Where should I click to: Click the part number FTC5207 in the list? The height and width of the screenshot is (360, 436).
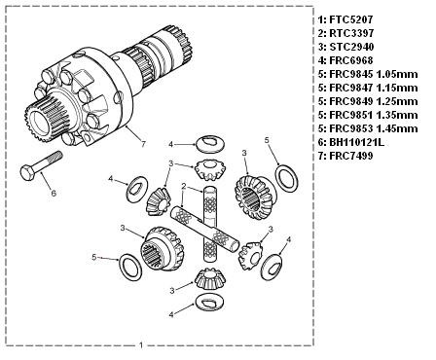click(x=351, y=19)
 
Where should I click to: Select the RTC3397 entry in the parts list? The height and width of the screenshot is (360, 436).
click(x=351, y=33)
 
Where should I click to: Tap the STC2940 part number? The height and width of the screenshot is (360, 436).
click(x=351, y=47)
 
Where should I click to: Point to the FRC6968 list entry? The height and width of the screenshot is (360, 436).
click(x=351, y=60)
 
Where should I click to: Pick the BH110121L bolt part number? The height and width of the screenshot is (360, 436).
click(x=356, y=142)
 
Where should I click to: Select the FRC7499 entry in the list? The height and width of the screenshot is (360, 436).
click(x=351, y=156)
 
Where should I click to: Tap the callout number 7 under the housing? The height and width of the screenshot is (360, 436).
click(x=143, y=144)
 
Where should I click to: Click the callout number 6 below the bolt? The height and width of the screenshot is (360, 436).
click(x=54, y=193)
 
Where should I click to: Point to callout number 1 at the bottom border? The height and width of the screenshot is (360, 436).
click(x=141, y=345)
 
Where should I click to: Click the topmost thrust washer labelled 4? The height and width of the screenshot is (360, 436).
click(x=210, y=143)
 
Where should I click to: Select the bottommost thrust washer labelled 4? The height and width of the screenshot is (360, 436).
click(x=210, y=302)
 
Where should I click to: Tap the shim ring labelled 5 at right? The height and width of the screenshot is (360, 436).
click(x=286, y=178)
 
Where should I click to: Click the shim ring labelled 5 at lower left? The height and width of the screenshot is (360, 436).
click(x=130, y=269)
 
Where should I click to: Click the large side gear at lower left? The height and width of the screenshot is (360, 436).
click(x=162, y=249)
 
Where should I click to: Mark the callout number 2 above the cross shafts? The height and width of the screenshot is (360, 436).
click(x=184, y=186)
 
